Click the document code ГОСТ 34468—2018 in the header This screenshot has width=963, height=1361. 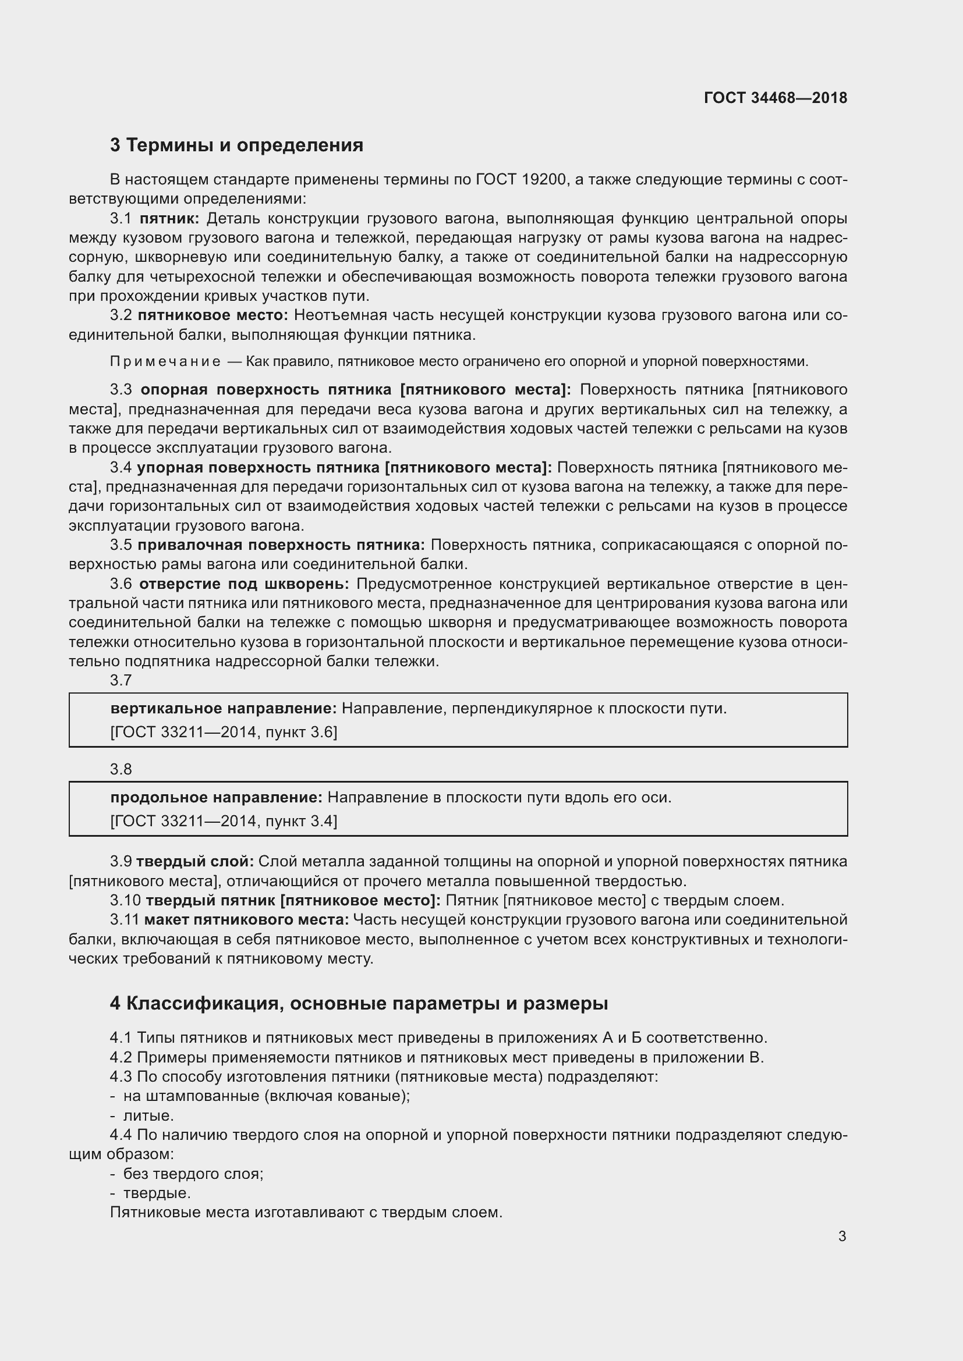click(x=775, y=98)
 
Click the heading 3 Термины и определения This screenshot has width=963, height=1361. click(x=236, y=145)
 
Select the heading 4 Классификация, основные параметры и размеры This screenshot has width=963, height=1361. click(x=359, y=1004)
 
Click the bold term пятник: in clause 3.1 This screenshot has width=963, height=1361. click(x=169, y=219)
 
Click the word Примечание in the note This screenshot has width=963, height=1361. click(x=165, y=361)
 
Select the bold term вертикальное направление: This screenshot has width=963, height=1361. click(x=224, y=708)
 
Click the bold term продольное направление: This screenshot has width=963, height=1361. click(x=217, y=797)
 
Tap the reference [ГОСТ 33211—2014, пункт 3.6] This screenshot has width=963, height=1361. click(x=224, y=732)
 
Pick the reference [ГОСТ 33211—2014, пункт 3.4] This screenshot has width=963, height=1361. click(x=224, y=821)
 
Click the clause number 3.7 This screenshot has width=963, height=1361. click(x=121, y=680)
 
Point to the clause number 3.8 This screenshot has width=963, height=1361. click(x=121, y=769)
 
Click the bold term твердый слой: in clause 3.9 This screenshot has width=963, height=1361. click(x=195, y=861)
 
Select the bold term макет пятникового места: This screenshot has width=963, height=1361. click(x=247, y=919)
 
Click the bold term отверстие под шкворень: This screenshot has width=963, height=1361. click(x=245, y=584)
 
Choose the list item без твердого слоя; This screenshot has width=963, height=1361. click(x=193, y=1174)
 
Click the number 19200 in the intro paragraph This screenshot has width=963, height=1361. click(x=544, y=180)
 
